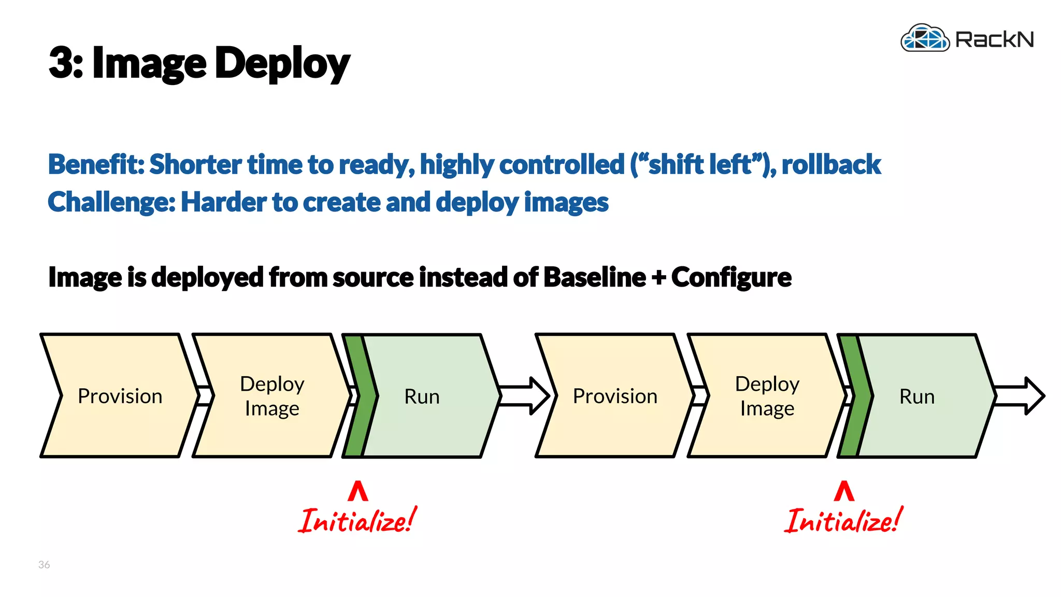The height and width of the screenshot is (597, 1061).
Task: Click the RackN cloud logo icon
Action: click(925, 38)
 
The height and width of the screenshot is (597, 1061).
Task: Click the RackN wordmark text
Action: click(994, 39)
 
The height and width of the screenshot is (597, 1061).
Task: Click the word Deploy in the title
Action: click(282, 63)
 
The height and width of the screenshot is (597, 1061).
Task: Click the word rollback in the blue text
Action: click(830, 164)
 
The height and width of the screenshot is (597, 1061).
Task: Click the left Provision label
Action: click(120, 396)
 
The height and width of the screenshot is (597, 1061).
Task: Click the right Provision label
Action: click(615, 396)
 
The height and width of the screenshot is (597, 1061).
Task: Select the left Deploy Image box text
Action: click(272, 396)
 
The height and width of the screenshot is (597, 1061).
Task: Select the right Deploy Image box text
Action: click(767, 396)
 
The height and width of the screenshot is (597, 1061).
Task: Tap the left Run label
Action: click(422, 396)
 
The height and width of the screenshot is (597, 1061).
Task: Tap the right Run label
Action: click(916, 396)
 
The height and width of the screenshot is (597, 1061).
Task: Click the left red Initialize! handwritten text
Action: click(357, 521)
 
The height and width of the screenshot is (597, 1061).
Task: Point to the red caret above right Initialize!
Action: click(844, 491)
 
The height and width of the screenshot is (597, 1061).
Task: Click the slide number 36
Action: click(44, 564)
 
